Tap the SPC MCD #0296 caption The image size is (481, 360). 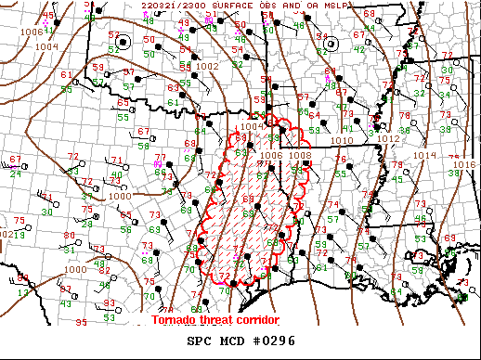[241, 341]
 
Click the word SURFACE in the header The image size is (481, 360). [228, 6]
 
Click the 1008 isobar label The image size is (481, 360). [300, 155]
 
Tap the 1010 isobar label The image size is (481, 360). [343, 140]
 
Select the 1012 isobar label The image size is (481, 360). [388, 138]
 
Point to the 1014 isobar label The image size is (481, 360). [424, 155]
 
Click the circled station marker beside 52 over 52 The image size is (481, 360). [149, 41]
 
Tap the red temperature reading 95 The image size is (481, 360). [81, 323]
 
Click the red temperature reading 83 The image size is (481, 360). [110, 302]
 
